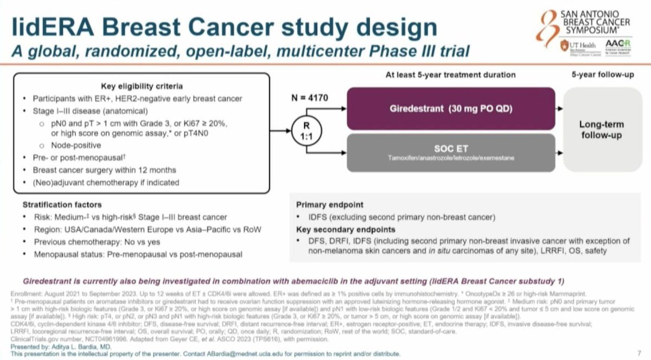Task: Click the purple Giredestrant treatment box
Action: point(450,108)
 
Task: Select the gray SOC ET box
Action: point(450,152)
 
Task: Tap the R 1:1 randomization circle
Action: point(305,131)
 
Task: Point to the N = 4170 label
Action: point(309,99)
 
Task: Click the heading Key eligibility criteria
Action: point(142,86)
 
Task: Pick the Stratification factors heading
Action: point(62,205)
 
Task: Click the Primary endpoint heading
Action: point(330,205)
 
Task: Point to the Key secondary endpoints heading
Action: point(345,229)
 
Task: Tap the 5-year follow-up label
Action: point(602,74)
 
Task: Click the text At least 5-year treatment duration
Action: point(450,74)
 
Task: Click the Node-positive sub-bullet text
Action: point(76,145)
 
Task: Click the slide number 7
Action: point(639,353)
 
